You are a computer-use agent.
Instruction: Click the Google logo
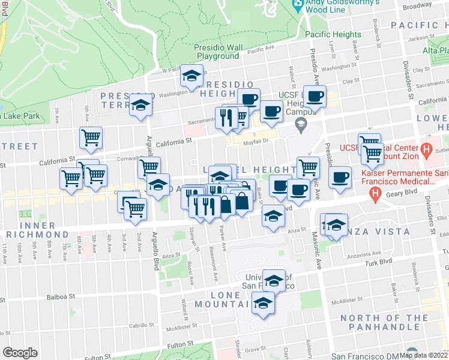pyautogui.click(x=20, y=353)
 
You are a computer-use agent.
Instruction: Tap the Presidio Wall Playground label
pyautogui.click(x=217, y=52)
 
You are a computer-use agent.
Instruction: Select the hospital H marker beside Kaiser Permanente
pyautogui.click(x=375, y=193)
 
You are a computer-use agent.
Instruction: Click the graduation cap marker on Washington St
pyautogui.click(x=191, y=76)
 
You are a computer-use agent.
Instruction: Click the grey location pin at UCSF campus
pyautogui.click(x=301, y=125)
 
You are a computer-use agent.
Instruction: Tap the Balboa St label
pyautogui.click(x=62, y=296)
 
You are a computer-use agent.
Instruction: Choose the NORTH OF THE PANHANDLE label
pyautogui.click(x=384, y=322)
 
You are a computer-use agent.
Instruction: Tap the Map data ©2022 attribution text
pyautogui.click(x=423, y=355)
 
